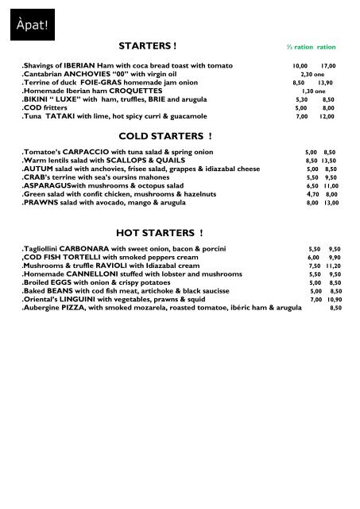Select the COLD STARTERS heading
[165, 137]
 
